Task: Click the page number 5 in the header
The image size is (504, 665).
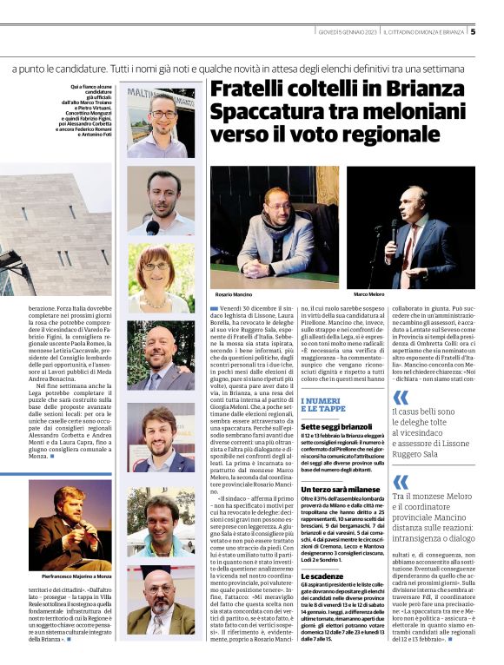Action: click(473, 32)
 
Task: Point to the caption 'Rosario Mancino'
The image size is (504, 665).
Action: click(232, 294)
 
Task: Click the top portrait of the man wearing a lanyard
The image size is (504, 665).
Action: click(161, 122)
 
